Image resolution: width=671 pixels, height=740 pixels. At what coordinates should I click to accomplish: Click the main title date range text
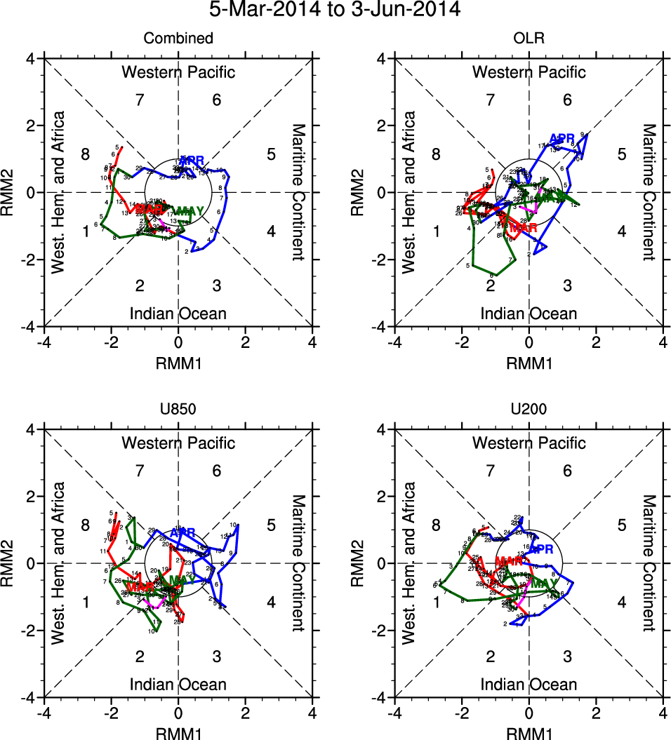pyautogui.click(x=335, y=11)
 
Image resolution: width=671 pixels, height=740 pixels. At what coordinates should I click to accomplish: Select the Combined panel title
pyautogui.click(x=178, y=39)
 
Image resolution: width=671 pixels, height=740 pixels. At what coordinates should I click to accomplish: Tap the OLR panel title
pyautogui.click(x=529, y=39)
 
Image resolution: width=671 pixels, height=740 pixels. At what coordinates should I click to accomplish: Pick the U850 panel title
pyautogui.click(x=178, y=410)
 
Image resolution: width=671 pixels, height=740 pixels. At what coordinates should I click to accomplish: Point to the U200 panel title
pyautogui.click(x=529, y=410)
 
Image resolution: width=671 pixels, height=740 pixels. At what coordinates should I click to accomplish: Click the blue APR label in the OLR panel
pyautogui.click(x=562, y=138)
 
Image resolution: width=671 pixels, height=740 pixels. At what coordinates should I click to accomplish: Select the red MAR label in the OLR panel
pyautogui.click(x=523, y=228)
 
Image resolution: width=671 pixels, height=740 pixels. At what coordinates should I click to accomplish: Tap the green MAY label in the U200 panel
pyautogui.click(x=544, y=584)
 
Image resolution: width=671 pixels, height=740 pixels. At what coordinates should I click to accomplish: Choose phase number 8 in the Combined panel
pyautogui.click(x=86, y=154)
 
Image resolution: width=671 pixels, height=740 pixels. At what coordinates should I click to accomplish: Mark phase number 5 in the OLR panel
pyautogui.click(x=621, y=154)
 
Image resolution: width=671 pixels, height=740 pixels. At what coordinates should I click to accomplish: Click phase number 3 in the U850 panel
pyautogui.click(x=217, y=657)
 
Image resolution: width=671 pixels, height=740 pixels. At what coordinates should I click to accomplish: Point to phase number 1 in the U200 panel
pyautogui.click(x=437, y=602)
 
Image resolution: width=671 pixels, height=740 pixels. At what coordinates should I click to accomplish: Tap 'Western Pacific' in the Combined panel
pyautogui.click(x=178, y=72)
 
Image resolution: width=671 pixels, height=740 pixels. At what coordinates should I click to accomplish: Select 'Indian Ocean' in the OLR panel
pyautogui.click(x=529, y=314)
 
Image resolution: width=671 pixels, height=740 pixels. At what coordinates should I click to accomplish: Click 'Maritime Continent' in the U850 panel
pyautogui.click(x=298, y=563)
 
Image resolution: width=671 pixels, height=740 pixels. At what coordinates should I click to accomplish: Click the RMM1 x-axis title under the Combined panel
pyautogui.click(x=178, y=363)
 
